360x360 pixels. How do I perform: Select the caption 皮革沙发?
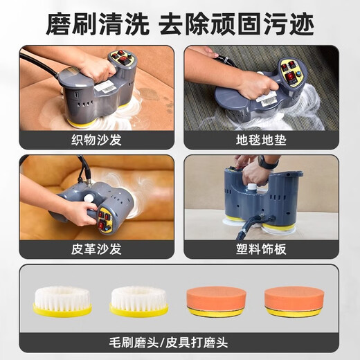[96, 248]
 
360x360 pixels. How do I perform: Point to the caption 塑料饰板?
[261, 248]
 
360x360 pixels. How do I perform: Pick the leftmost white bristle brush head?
[62, 298]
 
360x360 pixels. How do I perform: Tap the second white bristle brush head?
[138, 298]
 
